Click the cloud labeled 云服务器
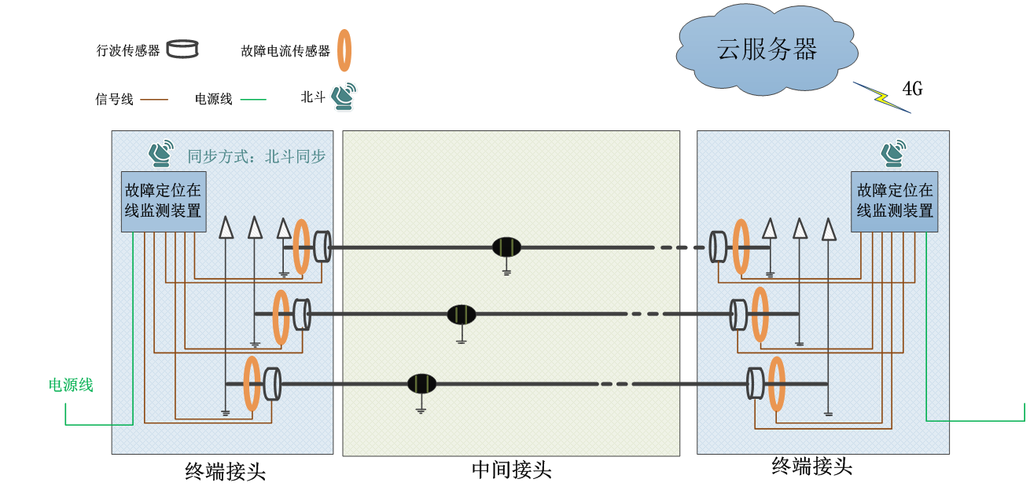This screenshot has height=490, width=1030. (767, 50)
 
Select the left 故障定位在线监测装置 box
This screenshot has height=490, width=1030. (164, 201)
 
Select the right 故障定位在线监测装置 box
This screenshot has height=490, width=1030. (895, 201)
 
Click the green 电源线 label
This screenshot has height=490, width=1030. (71, 385)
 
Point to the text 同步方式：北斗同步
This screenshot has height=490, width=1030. (256, 156)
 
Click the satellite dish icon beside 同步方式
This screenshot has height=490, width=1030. (162, 153)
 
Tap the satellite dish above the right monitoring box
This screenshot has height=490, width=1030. (893, 153)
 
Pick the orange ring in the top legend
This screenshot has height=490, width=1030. (344, 50)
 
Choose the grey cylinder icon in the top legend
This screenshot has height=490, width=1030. (182, 49)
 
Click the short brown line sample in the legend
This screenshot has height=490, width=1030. (154, 100)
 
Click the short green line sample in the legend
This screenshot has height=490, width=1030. (253, 100)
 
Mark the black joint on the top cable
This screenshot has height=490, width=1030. (507, 247)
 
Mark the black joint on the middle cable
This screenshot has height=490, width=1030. (462, 315)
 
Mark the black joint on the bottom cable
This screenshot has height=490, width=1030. (421, 384)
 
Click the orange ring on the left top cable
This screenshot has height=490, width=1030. (301, 247)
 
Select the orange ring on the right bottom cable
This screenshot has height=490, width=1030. (777, 383)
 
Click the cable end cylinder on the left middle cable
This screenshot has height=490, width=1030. (301, 315)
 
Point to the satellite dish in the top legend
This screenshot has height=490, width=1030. (344, 96)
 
